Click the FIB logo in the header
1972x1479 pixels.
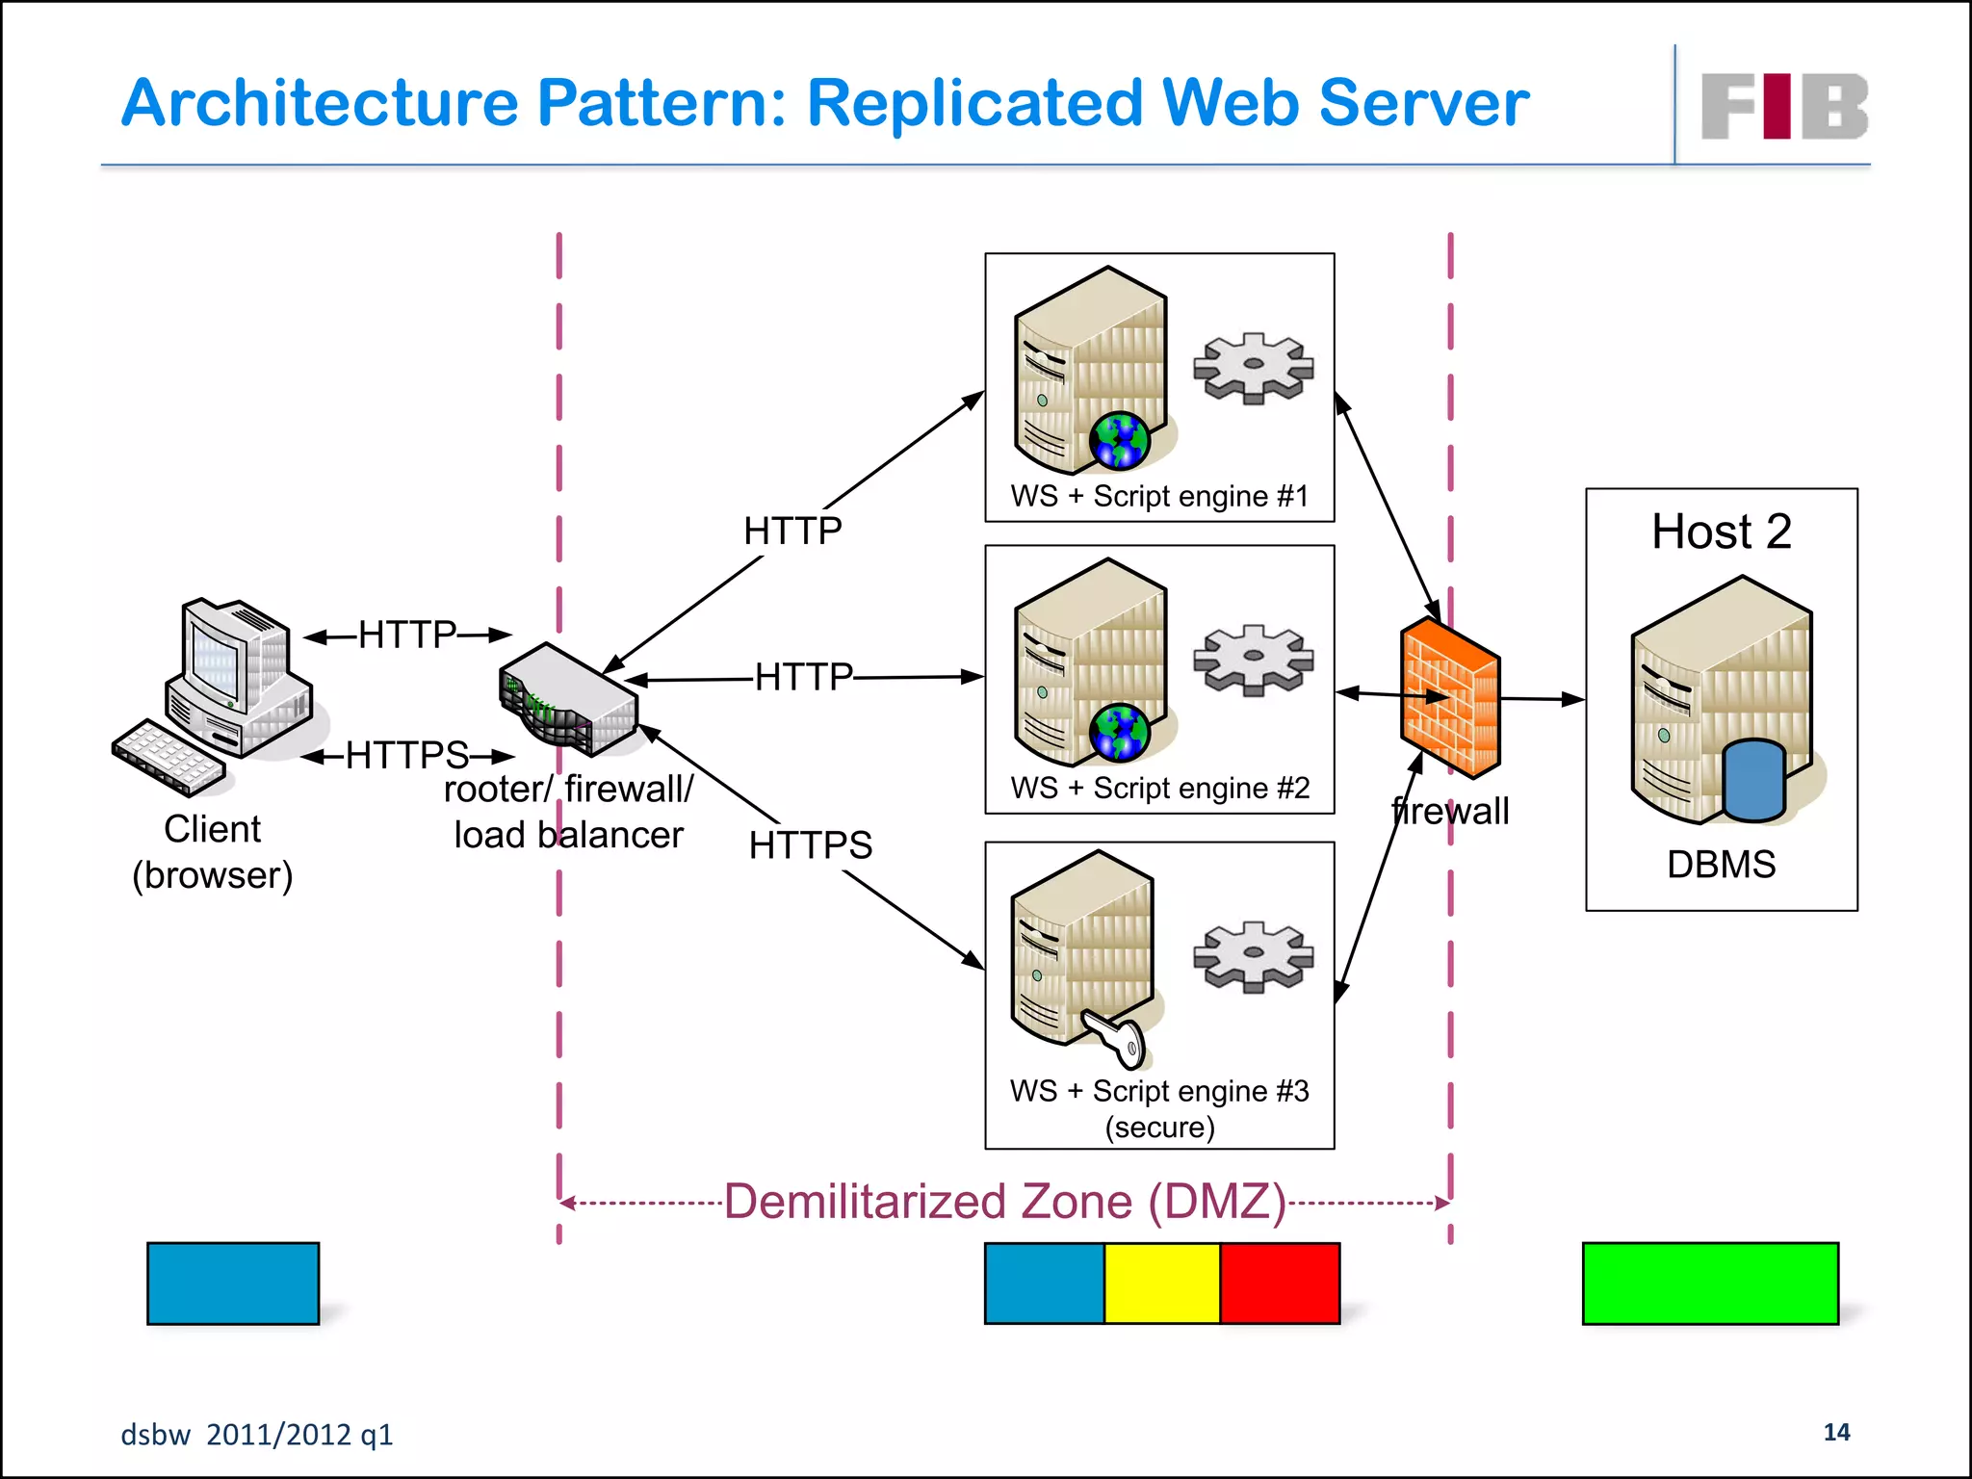pos(1783,106)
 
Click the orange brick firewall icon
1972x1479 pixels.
pos(1450,699)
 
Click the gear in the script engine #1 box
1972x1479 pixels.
pos(1253,367)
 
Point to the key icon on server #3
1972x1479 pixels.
pos(1117,1038)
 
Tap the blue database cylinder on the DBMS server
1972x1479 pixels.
pos(1753,779)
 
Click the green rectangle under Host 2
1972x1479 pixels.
pos(1710,1284)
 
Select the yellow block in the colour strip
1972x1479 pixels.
pos(1161,1284)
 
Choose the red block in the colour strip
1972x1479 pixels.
pos(1280,1284)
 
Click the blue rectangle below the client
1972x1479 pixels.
pos(233,1284)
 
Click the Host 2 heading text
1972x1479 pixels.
pos(1722,532)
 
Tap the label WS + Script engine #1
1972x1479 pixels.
pos(1159,497)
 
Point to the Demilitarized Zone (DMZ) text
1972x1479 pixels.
pos(1004,1202)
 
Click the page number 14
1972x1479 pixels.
pos(1836,1433)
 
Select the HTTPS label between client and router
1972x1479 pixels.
pos(407,755)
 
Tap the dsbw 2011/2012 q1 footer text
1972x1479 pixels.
pos(256,1435)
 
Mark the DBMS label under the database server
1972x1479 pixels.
pos(1721,865)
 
